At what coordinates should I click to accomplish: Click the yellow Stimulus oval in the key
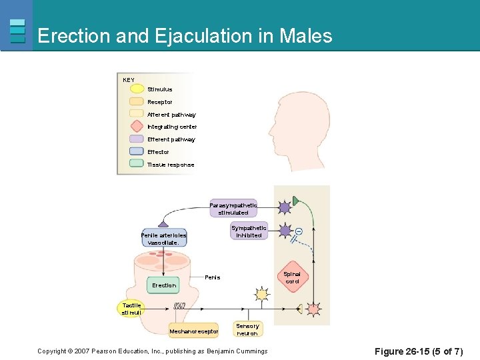pos(137,89)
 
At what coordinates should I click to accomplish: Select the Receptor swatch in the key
pos(137,101)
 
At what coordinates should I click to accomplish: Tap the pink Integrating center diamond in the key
pos(137,126)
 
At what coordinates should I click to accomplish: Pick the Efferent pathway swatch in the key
pos(137,139)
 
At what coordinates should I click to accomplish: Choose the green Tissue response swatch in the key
pos(137,164)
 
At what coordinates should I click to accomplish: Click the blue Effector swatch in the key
pos(137,151)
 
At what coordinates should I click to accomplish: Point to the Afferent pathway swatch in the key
pos(137,114)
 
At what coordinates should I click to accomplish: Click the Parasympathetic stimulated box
pos(233,209)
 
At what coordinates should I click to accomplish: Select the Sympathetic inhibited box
pos(249,231)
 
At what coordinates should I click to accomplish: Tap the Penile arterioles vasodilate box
pos(163,239)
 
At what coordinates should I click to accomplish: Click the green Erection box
pos(164,285)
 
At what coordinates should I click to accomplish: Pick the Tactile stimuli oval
pos(131,309)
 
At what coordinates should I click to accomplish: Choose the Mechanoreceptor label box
pos(194,331)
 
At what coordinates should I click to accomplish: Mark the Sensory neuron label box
pos(247,329)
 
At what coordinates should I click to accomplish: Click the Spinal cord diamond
pos(292,277)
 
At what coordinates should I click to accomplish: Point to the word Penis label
pos(213,277)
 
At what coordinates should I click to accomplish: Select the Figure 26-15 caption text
pos(419,351)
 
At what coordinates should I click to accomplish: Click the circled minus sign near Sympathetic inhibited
pos(298,231)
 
